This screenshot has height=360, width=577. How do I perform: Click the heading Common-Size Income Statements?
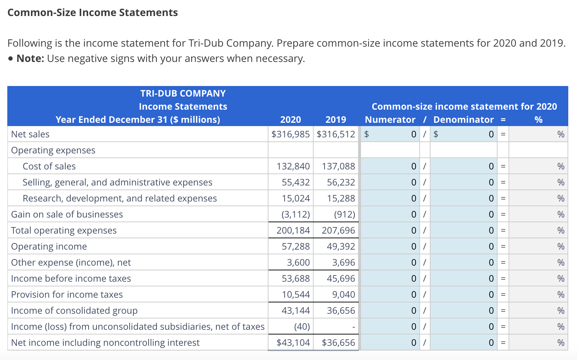[93, 12]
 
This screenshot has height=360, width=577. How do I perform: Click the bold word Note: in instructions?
[30, 58]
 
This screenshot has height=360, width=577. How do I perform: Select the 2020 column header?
[290, 120]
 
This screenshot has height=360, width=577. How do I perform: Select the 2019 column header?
[335, 120]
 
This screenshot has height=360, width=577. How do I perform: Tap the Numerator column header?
[390, 120]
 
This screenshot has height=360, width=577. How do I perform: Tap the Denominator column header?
[463, 120]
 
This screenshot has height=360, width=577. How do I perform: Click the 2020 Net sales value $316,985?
[290, 134]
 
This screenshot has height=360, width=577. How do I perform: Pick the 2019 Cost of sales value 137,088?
[338, 166]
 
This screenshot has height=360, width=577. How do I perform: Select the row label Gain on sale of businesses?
[67, 214]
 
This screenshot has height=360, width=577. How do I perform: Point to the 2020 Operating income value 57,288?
[295, 246]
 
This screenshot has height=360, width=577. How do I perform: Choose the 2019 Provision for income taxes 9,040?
[343, 294]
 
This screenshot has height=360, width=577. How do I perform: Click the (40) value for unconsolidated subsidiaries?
[302, 326]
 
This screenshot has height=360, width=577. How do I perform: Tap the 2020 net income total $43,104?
[293, 343]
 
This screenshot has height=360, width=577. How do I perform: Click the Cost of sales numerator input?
[390, 166]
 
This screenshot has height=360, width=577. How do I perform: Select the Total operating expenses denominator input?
[463, 230]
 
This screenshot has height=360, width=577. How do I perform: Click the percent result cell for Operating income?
[538, 246]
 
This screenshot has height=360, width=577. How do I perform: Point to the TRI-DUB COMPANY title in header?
[183, 93]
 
